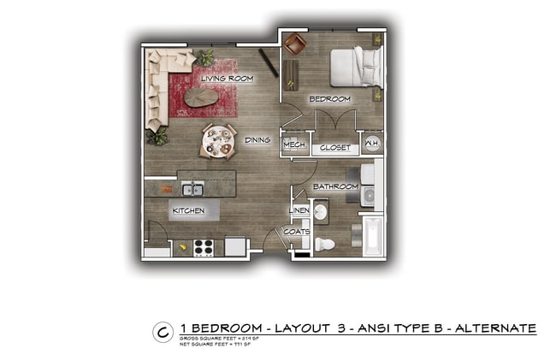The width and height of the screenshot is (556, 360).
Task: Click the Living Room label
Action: [228, 79]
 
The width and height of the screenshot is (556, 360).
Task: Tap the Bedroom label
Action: [330, 99]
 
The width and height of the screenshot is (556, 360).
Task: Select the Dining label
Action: [257, 140]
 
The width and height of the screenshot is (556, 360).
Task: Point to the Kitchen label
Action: [187, 210]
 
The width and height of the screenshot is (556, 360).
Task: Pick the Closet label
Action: [334, 148]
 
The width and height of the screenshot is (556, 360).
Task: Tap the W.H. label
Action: [372, 145]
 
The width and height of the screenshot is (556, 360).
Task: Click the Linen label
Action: [299, 210]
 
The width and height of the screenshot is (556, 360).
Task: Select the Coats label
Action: [298, 231]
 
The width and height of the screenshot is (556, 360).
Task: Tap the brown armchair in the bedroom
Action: [295, 44]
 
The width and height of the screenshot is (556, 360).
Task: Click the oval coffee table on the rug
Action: [202, 97]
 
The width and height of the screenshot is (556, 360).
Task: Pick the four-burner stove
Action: [203, 247]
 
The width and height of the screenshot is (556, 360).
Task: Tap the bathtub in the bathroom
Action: [373, 237]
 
